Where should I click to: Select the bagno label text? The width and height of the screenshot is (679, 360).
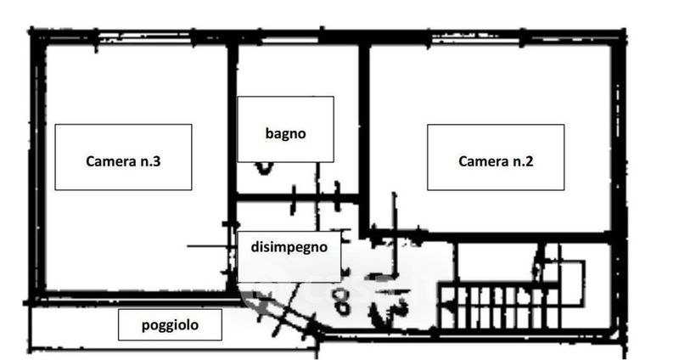point(285,133)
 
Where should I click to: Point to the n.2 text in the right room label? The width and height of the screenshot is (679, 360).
point(523,161)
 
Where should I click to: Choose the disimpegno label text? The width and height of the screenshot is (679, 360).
point(289,247)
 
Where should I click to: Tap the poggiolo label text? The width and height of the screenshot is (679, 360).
point(171,325)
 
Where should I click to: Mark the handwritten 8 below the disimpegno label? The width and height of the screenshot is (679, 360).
point(342,301)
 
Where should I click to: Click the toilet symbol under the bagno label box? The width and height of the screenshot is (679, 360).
point(264,168)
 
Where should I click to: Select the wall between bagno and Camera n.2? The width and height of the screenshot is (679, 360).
point(364,138)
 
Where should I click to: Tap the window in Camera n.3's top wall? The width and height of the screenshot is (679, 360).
point(145,38)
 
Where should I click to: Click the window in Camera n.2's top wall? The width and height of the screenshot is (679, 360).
point(476,39)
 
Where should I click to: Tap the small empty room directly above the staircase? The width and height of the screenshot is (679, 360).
point(498,262)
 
